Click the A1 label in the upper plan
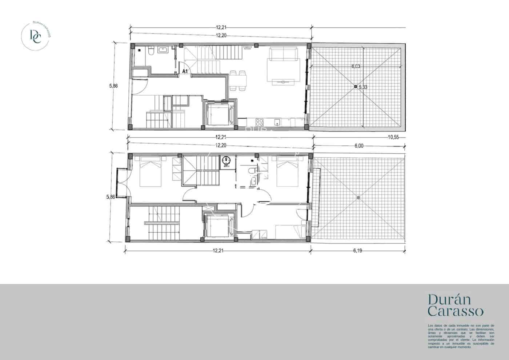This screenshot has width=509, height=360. point(185,71)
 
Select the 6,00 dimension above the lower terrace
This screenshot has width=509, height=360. point(358,145)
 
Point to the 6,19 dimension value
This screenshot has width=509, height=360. point(358,250)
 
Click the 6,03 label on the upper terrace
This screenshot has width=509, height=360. point(356,66)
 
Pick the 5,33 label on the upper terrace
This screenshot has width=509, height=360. point(363,87)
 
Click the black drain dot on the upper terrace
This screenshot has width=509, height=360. point(356,87)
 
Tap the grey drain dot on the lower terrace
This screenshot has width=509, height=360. point(358,197)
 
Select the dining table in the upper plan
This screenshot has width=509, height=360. point(239,80)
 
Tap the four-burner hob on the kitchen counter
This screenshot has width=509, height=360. point(260,122)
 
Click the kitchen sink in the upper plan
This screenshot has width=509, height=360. point(277,121)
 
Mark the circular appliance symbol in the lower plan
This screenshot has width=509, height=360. point(227,160)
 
